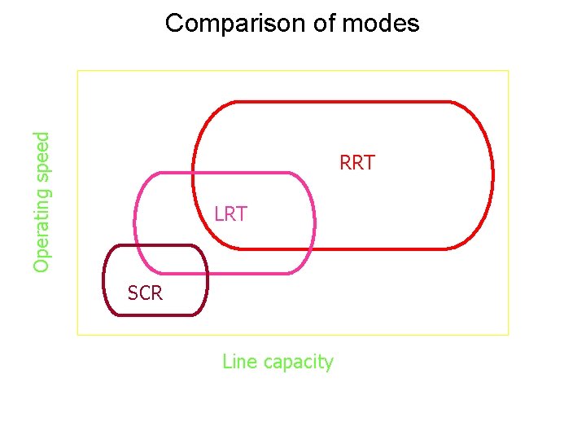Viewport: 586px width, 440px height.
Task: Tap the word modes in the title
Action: tap(381, 23)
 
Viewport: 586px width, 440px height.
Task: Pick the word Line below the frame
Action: tap(239, 361)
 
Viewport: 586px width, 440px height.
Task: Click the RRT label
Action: tap(357, 163)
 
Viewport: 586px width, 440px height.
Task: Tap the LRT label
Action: tap(230, 214)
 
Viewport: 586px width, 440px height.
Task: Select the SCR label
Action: tap(145, 293)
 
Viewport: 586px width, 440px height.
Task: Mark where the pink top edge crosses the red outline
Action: tap(193, 173)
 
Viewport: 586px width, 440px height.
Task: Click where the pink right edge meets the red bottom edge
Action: tap(313, 248)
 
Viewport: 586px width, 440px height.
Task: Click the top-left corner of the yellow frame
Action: tap(77, 70)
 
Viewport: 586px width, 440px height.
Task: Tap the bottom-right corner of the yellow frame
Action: tap(508, 334)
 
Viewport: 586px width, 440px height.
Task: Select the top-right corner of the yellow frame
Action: tap(508, 70)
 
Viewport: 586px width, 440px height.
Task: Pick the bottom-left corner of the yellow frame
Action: tap(77, 334)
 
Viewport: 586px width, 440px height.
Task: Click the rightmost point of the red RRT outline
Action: tap(492, 174)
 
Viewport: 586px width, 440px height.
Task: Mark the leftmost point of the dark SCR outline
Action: tap(104, 279)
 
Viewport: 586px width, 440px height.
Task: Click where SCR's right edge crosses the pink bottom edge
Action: tap(207, 273)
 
